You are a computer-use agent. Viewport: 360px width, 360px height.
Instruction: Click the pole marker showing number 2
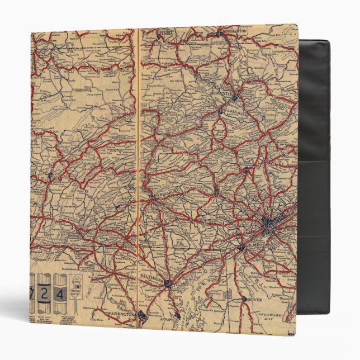[x=51, y=291]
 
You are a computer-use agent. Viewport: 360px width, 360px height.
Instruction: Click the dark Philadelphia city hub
[x=267, y=226]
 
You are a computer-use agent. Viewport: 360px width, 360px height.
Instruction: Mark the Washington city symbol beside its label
[x=142, y=319]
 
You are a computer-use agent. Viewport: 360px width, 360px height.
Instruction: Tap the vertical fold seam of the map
[x=137, y=168]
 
